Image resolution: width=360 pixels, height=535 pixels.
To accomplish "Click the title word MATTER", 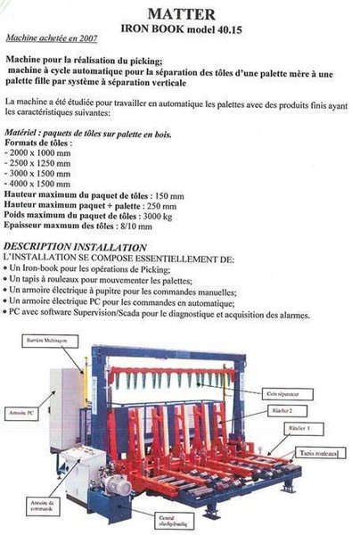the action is tap(181, 13).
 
